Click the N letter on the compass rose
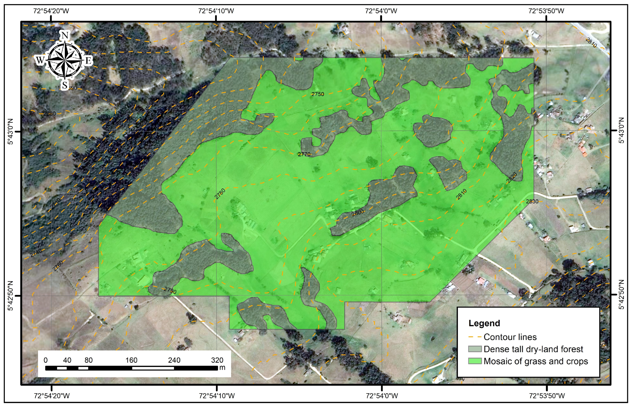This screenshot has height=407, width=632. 65,35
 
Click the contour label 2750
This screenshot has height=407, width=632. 318,94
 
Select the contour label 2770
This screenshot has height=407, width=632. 304,154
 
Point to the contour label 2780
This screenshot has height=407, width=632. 220,194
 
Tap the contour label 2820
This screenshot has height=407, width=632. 511,178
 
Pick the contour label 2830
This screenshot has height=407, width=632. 532,201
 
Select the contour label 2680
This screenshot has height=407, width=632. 49,114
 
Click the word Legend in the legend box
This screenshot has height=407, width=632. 484,323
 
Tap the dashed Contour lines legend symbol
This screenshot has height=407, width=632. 474,337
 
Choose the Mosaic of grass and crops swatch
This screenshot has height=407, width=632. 474,361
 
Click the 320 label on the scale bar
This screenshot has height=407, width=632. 217,360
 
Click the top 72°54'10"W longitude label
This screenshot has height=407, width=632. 216,11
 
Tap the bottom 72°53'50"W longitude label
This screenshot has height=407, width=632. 547,396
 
